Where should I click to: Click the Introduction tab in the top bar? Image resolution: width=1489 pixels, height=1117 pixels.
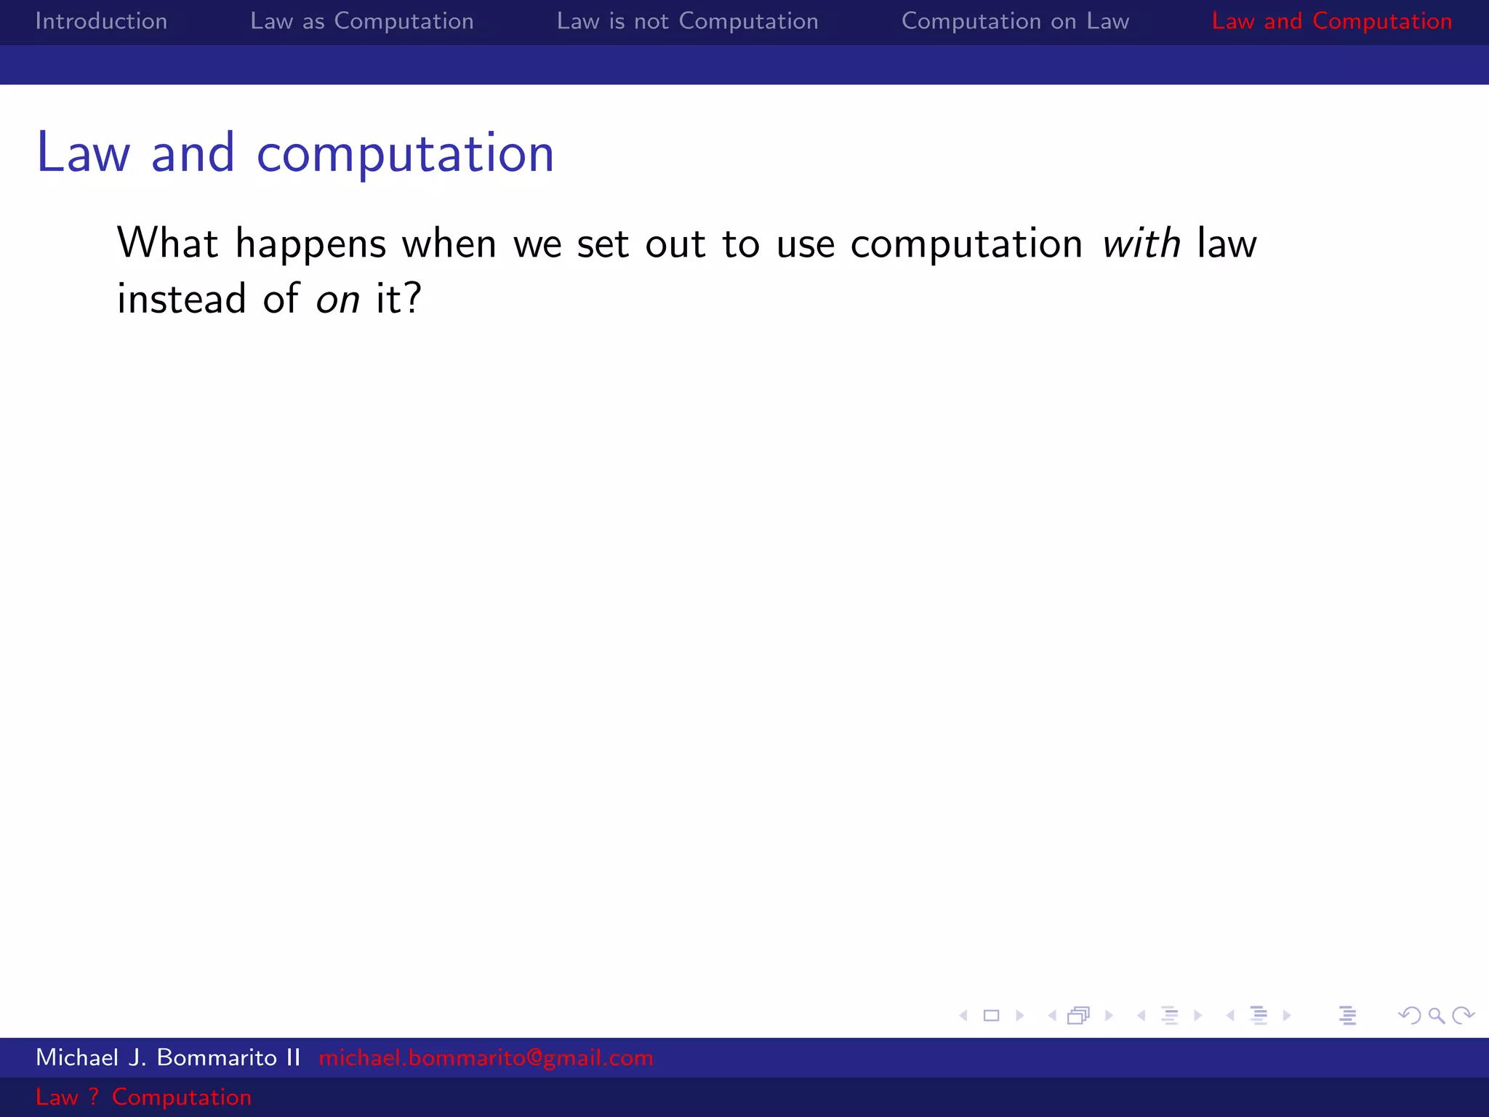point(101,21)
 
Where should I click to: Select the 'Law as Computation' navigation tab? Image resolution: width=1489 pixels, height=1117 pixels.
point(361,21)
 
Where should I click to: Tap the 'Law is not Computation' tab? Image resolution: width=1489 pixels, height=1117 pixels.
point(687,21)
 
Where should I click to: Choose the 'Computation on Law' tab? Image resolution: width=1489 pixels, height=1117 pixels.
point(1015,21)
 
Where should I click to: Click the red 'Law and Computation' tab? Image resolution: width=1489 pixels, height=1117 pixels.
point(1331,21)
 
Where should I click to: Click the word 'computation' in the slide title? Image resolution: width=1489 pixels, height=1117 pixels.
point(405,154)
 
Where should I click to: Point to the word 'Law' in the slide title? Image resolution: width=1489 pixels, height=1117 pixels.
point(83,154)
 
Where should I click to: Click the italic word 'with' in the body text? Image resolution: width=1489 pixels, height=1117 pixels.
point(1141,244)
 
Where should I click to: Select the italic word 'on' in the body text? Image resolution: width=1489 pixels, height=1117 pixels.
point(337,300)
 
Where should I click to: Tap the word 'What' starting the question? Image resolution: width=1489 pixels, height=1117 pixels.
point(167,244)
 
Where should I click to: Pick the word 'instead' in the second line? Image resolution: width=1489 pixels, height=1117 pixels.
point(182,300)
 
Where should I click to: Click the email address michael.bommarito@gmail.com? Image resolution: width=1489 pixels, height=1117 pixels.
point(486,1057)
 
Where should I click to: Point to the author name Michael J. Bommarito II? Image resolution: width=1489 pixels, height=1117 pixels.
point(168,1057)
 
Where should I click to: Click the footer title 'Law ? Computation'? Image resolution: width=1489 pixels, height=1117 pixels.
point(143,1097)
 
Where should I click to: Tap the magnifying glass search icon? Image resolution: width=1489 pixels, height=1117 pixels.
point(1436,1015)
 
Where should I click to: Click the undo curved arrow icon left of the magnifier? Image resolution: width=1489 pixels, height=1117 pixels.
point(1409,1015)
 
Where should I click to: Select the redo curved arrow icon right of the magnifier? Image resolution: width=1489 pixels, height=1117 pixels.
point(1463,1015)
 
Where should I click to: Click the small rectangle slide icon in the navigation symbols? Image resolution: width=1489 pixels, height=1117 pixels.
point(991,1015)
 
